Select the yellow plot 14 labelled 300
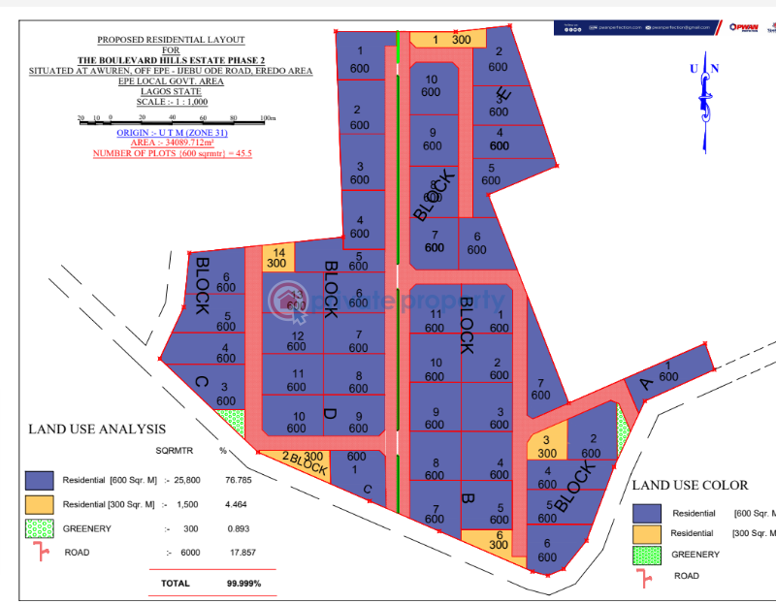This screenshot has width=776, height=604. (x=276, y=257)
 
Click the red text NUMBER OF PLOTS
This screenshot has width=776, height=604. (x=172, y=153)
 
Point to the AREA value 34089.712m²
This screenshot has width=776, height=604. (x=171, y=142)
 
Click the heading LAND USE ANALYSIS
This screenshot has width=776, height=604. (x=97, y=429)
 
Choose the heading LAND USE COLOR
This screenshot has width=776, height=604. (x=690, y=485)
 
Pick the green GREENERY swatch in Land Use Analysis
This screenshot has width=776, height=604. (x=39, y=528)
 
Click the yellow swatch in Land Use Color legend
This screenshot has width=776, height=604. (x=646, y=534)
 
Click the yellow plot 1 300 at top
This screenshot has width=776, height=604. (x=440, y=40)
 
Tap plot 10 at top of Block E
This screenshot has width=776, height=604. (x=431, y=85)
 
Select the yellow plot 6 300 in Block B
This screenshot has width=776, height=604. (x=499, y=541)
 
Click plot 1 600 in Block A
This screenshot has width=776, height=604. (x=668, y=371)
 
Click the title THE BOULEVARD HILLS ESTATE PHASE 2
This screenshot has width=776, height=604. (x=171, y=60)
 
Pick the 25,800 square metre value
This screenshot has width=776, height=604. (x=188, y=480)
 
